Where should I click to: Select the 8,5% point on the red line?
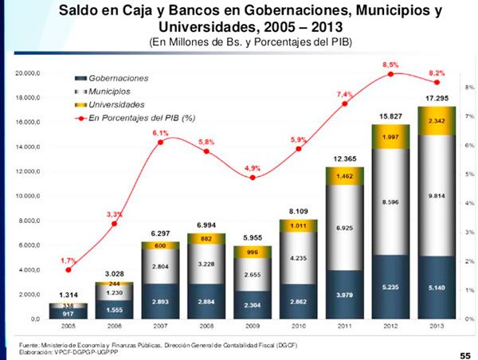point(391,74)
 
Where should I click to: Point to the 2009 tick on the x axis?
point(253,327)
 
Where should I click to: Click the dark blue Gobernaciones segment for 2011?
point(345,295)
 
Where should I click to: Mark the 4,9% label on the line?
point(253,168)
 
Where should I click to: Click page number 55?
point(464,351)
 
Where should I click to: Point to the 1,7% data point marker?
point(69,271)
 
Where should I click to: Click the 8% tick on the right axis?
point(469,87)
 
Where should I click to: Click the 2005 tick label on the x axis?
point(69,327)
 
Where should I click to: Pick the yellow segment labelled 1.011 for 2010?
point(299,225)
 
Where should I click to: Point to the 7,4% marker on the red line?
point(345,104)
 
